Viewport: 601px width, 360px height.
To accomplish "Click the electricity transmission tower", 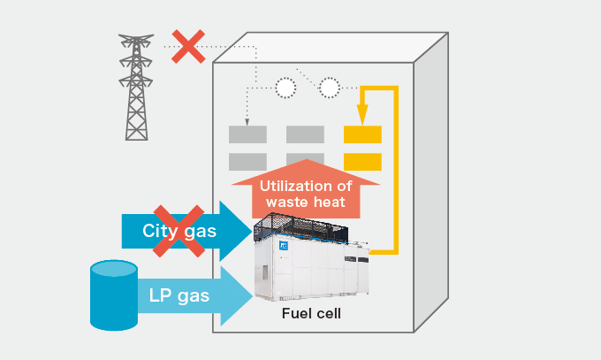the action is point(136,87).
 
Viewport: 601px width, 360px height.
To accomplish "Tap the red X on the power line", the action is point(188,47).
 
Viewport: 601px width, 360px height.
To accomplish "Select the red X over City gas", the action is point(179,231).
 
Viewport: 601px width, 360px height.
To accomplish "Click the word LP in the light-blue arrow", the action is point(158,295).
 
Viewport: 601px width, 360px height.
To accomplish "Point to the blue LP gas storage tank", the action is point(114,295).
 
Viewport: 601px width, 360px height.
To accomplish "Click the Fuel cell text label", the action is point(311,313).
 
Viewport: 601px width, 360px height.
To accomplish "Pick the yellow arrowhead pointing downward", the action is point(362,114).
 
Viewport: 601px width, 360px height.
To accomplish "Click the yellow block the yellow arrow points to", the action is point(362,134).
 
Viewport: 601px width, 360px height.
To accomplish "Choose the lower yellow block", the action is point(362,162).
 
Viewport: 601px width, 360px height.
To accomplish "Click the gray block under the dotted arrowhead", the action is point(247,134).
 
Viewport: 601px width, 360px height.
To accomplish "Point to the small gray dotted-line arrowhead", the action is point(247,122).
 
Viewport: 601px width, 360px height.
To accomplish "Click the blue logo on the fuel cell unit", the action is point(284,245).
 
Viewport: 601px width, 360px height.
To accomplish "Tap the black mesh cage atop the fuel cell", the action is point(300,227).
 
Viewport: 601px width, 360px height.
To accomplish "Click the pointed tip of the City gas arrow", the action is point(252,231).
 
